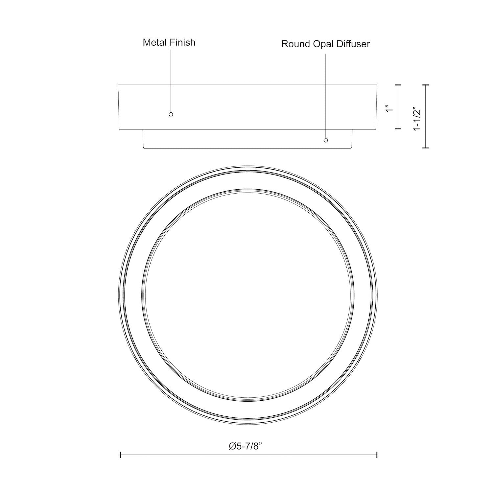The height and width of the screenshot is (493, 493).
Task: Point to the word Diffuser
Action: click(x=354, y=44)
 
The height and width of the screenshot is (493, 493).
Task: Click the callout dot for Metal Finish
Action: click(x=171, y=114)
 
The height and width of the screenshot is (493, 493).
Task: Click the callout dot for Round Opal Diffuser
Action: click(x=326, y=140)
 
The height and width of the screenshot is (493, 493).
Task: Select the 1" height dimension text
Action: click(x=390, y=108)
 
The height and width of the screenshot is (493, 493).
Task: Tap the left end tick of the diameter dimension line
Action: click(x=121, y=455)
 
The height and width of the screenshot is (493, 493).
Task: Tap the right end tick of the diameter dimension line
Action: click(x=377, y=455)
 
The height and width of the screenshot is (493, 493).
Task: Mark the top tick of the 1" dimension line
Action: click(x=398, y=85)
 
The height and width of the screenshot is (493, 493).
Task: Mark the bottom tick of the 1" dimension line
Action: click(x=398, y=129)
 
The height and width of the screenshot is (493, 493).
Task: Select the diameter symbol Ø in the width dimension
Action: click(x=232, y=446)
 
